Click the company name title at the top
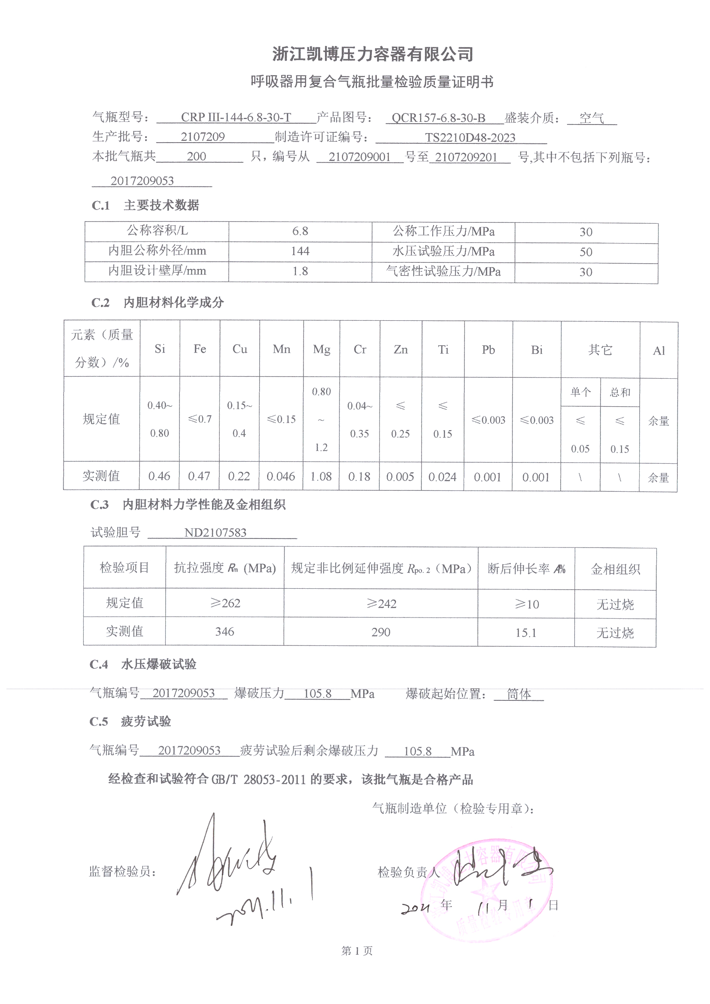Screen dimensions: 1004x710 tap(373, 54)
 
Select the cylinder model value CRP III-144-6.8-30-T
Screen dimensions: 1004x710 tap(236, 118)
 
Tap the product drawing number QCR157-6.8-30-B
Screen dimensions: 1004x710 tap(438, 118)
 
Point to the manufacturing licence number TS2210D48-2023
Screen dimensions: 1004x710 tap(470, 138)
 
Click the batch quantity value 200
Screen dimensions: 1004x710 tap(196, 157)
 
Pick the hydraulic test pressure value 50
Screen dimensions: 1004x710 tap(586, 253)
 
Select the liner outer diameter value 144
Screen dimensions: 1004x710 tap(300, 251)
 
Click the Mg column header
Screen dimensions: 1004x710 tap(322, 350)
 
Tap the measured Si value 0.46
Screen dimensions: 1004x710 tap(159, 476)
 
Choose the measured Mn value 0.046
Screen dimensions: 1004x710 tap(281, 476)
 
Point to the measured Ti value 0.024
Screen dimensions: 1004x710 tap(442, 477)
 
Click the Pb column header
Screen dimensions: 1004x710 tap(488, 350)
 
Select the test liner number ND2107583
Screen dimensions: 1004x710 tap(215, 532)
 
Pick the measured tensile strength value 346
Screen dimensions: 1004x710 tap(224, 631)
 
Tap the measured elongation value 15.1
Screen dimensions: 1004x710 tap(525, 633)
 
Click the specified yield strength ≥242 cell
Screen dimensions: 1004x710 tap(381, 604)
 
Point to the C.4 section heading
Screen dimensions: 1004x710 tap(143, 664)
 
